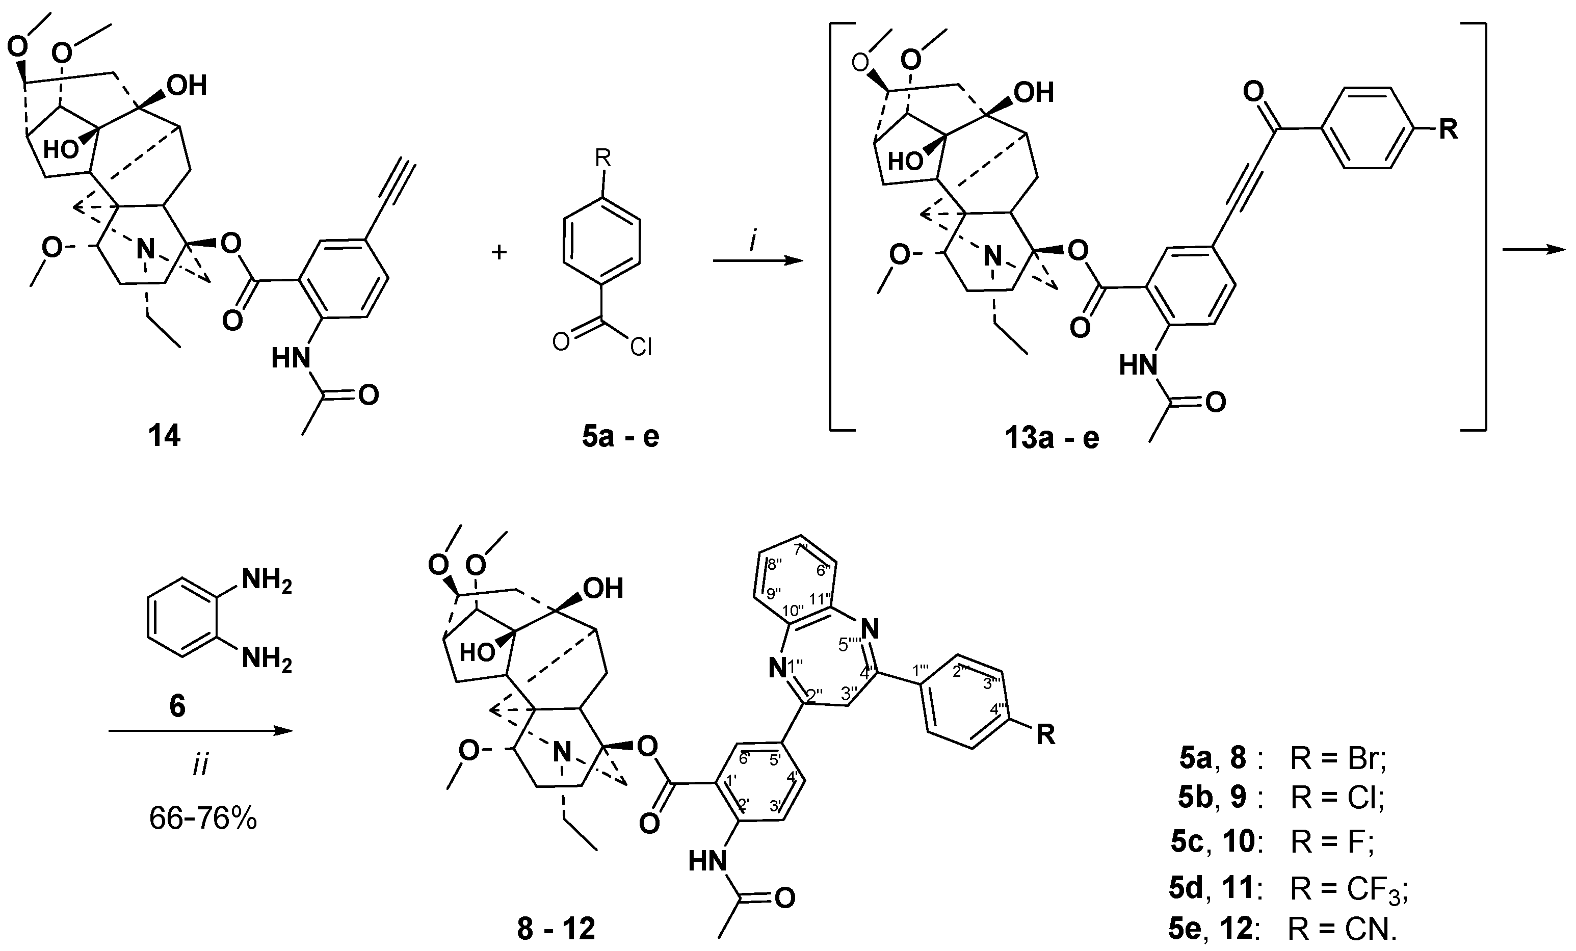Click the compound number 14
(x=165, y=436)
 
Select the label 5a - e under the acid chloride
(x=620, y=436)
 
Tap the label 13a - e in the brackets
(x=1052, y=437)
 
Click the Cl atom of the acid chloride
(x=640, y=347)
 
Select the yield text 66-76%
(x=203, y=817)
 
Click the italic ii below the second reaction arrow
(x=201, y=765)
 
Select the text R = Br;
(x=1337, y=759)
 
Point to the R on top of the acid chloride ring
(x=602, y=157)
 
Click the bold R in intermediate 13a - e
(x=1448, y=129)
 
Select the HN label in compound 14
(x=292, y=358)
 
